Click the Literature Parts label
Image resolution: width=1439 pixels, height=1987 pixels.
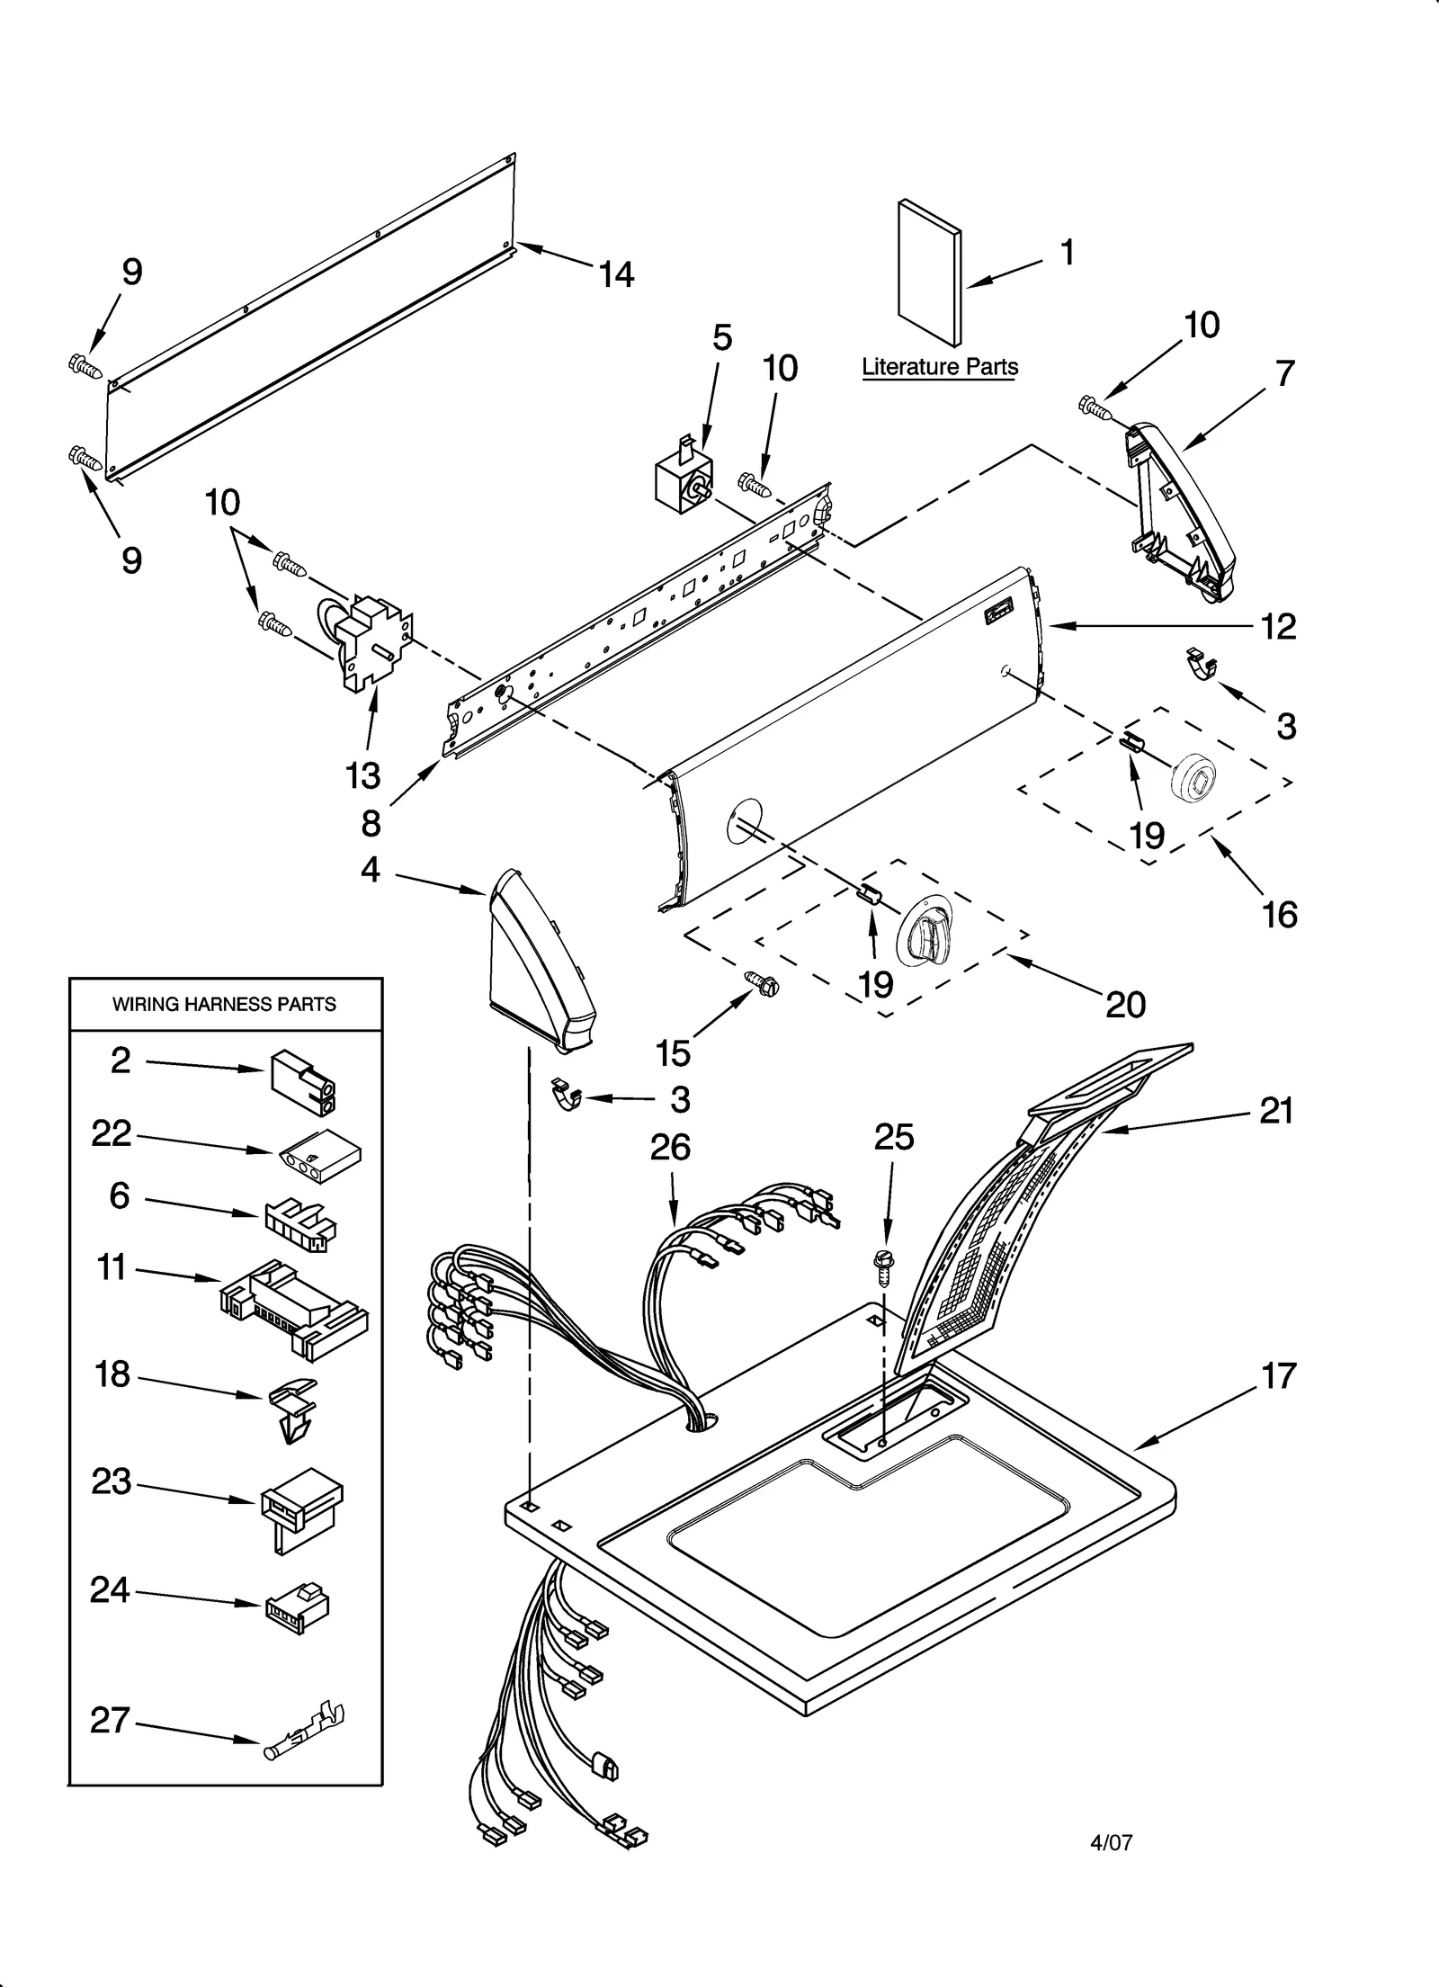[940, 367]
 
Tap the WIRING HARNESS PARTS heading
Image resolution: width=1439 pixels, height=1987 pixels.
[224, 1004]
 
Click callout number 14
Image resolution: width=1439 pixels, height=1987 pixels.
[617, 273]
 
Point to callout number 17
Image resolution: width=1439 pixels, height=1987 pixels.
[1279, 1376]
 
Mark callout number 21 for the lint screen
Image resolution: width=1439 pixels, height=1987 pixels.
[1276, 1111]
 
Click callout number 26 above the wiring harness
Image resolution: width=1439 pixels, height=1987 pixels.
[670, 1147]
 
